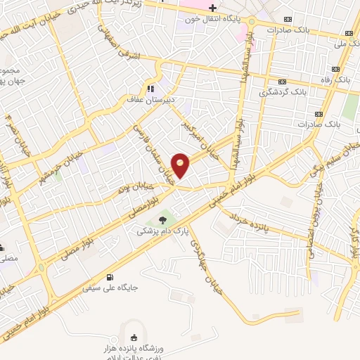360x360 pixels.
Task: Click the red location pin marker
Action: click(x=181, y=165)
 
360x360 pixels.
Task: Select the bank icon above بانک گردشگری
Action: click(x=282, y=81)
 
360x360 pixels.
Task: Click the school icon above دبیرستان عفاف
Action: click(x=150, y=89)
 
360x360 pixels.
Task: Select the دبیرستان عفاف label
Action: click(x=150, y=101)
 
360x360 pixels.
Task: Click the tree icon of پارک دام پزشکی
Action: click(x=162, y=220)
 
